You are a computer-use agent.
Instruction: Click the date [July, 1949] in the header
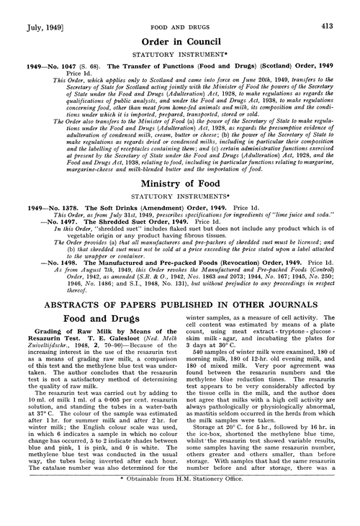32,8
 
